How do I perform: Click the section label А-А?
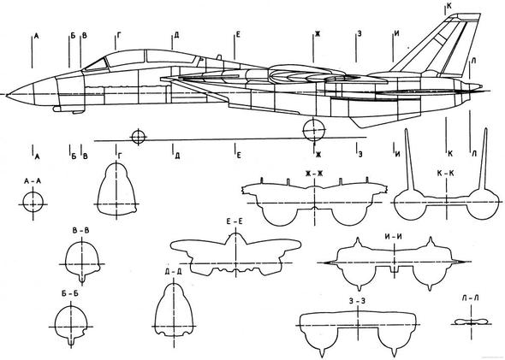pyautogui.click(x=33, y=181)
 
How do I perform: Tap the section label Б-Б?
pyautogui.click(x=70, y=293)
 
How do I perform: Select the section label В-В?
pyautogui.click(x=80, y=231)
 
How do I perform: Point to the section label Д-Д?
pyautogui.click(x=173, y=271)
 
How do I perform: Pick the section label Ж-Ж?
pyautogui.click(x=314, y=174)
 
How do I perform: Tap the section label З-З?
pyautogui.click(x=357, y=301)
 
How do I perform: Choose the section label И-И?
pyautogui.click(x=394, y=237)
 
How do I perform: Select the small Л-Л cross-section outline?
pyautogui.click(x=472, y=322)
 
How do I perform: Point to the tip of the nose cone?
pyautogui.click(x=7, y=95)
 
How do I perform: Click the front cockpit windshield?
pyautogui.click(x=95, y=65)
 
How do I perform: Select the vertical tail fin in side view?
pyautogui.click(x=438, y=44)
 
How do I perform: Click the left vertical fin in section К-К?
pyautogui.click(x=409, y=160)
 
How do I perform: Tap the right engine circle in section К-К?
pyautogui.click(x=482, y=204)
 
